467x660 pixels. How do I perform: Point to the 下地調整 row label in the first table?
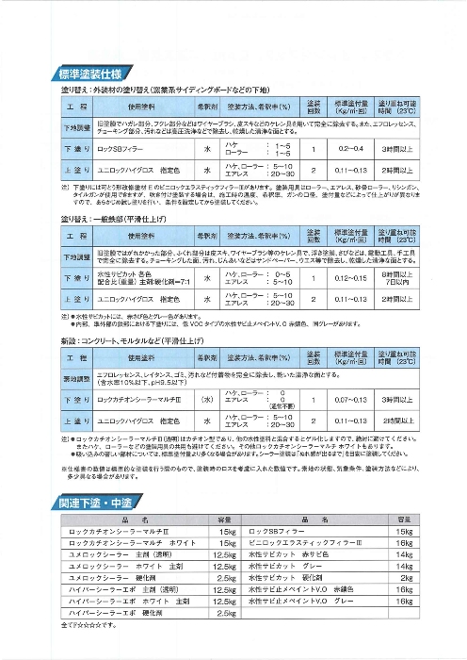(50, 126)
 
